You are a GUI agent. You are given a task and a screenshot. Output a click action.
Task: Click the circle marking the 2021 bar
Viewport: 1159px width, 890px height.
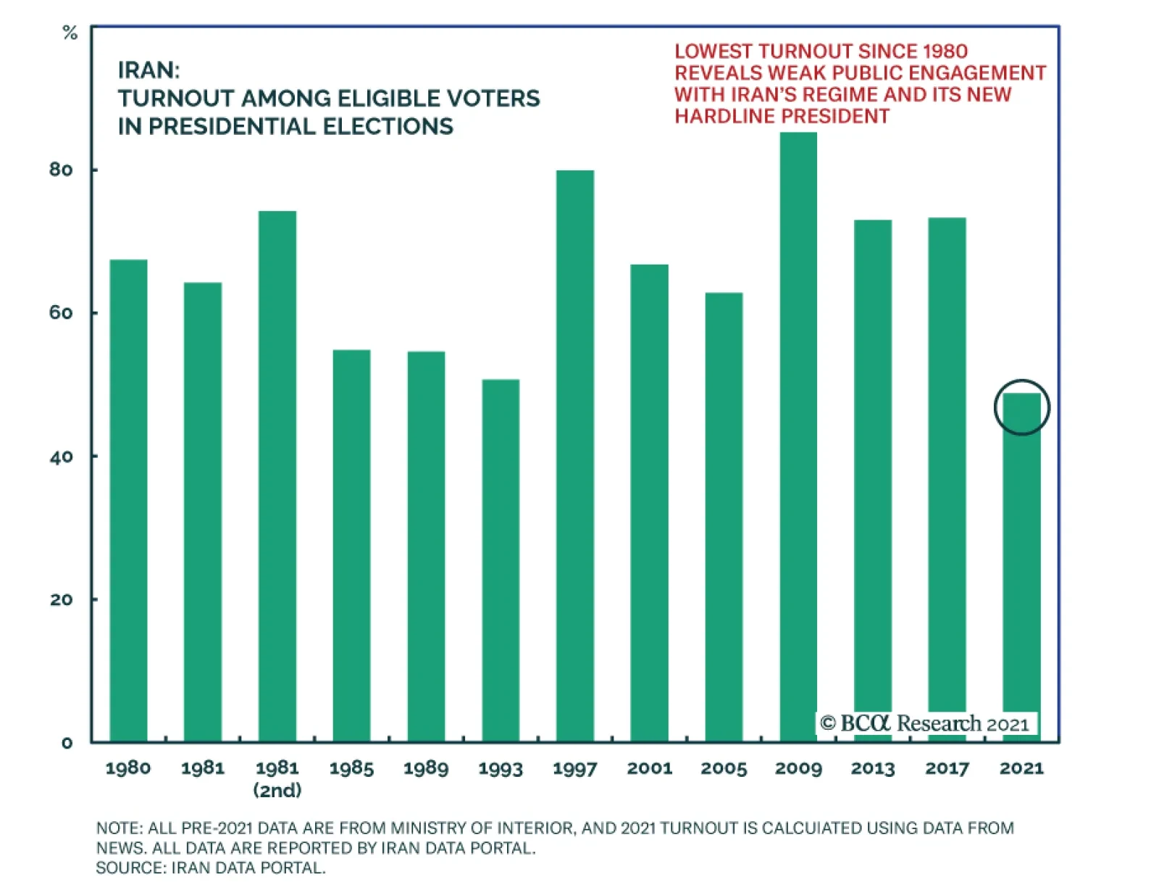(1021, 407)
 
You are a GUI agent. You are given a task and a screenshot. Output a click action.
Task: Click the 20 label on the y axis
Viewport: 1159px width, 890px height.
(61, 599)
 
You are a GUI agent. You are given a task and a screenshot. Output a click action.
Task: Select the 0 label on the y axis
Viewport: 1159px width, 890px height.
(67, 742)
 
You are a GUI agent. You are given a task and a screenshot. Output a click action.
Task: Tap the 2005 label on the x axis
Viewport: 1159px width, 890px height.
(724, 768)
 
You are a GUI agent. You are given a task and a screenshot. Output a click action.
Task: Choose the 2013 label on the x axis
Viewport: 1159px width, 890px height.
(873, 768)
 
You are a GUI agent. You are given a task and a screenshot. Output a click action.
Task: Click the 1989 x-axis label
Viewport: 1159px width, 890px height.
(426, 768)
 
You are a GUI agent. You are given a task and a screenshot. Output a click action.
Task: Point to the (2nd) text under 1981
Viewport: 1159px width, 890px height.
(277, 790)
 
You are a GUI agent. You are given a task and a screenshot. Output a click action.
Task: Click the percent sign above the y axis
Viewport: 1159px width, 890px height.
(70, 33)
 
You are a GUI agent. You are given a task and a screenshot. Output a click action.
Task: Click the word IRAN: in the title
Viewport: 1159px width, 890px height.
(148, 70)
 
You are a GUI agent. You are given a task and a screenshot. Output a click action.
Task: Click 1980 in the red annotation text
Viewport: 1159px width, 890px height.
(940, 51)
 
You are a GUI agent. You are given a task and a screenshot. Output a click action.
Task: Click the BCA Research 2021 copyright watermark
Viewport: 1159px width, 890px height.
(924, 723)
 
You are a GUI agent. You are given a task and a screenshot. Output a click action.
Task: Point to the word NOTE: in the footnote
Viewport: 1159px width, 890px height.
(120, 828)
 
